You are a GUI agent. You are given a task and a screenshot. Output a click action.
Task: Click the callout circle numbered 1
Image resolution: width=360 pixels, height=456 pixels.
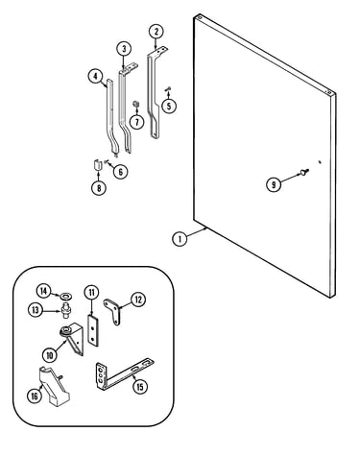pos(180,239)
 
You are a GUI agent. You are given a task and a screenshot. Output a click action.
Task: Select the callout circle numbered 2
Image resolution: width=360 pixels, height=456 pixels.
pos(156,31)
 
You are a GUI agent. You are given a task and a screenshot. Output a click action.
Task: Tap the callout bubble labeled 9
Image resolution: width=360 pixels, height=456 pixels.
pos(274,184)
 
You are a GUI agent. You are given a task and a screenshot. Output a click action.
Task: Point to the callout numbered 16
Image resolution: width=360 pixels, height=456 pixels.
pos(35,396)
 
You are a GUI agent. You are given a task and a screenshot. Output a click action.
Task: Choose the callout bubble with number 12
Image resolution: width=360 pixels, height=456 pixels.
pos(138,300)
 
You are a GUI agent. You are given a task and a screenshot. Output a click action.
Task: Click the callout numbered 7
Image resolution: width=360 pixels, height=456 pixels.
pos(137,122)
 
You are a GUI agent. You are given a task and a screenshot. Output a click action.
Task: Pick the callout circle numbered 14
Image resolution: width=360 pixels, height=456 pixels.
pos(43,291)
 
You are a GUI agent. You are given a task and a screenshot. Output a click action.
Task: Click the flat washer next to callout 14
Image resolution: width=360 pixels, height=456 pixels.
pos(66,295)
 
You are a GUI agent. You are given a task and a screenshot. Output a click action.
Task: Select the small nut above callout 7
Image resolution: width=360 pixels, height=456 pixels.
pos(136,105)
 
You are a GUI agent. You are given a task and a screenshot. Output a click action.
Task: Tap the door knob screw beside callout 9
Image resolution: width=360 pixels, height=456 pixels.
pos(304,172)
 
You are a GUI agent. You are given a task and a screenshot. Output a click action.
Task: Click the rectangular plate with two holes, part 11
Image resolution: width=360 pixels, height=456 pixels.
pos(93,330)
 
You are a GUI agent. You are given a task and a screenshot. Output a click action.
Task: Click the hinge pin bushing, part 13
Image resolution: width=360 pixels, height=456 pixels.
pos(66,310)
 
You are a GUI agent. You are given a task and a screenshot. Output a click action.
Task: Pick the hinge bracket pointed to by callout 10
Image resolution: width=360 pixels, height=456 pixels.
pos(74,338)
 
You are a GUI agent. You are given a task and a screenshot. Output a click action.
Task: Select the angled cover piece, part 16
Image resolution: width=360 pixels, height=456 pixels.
pos(55,387)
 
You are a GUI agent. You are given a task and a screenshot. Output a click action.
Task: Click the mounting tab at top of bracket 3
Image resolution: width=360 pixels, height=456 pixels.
pos(130,68)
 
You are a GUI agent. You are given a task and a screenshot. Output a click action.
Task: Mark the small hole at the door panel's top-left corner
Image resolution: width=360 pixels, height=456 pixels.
pos(199,16)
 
